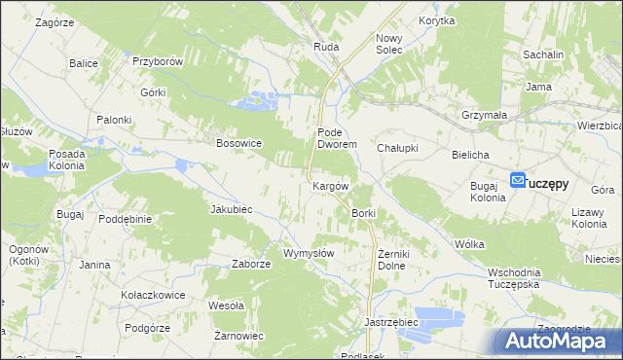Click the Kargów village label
pos(330,185)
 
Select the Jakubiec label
pos(232,209)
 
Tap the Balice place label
pos(84,63)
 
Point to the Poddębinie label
pos(125,219)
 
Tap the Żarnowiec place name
pos(239,336)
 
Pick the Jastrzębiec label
pos(390,321)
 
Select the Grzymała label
pos(485,115)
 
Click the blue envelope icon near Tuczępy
pos(518,180)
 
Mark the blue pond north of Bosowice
pos(258,99)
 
